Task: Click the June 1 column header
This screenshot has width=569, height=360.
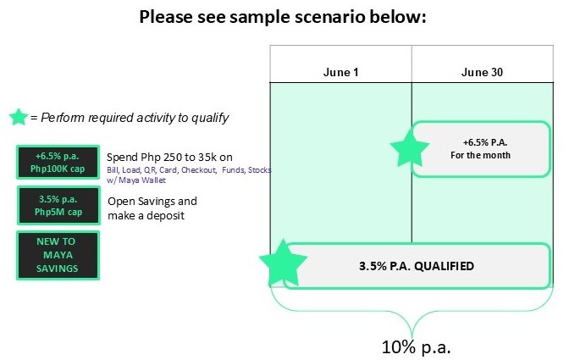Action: [x=340, y=72]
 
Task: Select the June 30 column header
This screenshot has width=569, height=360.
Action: [x=482, y=72]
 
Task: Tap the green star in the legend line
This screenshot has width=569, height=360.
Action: [x=19, y=117]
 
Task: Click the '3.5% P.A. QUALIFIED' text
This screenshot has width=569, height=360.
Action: [x=417, y=266]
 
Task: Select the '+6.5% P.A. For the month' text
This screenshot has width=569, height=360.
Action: [x=481, y=148]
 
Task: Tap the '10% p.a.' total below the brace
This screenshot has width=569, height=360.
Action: [x=416, y=347]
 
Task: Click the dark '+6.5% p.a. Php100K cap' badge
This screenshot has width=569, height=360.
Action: [x=58, y=163]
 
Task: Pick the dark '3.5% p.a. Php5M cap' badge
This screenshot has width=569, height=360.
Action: [x=58, y=205]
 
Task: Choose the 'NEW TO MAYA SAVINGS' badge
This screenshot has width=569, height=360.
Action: [x=58, y=255]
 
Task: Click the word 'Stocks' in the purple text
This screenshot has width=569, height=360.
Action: [x=259, y=170]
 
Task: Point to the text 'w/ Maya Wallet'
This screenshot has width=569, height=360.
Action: [x=136, y=180]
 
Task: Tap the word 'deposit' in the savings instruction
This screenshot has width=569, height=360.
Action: [x=165, y=215]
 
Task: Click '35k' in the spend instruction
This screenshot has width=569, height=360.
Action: [x=203, y=158]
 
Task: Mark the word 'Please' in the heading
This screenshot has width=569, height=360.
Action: [x=166, y=17]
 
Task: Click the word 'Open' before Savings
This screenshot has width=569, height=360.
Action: [x=119, y=202]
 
